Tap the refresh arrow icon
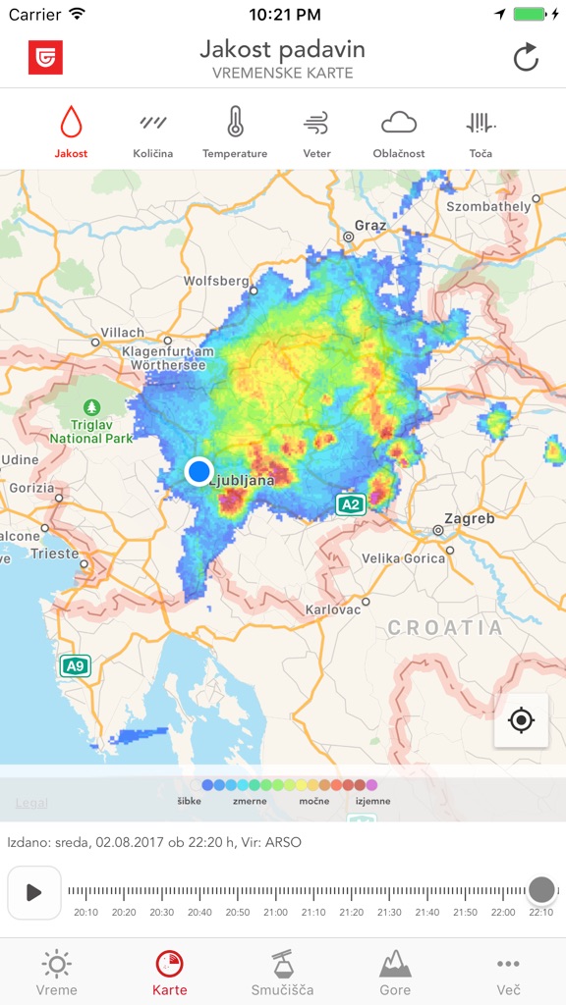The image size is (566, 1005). coord(526,58)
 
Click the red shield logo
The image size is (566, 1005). coord(45,58)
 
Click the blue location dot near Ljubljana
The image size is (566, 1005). coord(199,471)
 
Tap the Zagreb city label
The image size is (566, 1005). coord(470,518)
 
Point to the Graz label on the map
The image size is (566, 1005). coord(370,226)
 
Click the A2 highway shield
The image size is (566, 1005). coord(351,504)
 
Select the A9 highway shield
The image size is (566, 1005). coord(75,666)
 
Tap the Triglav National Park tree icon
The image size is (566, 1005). coord(91,406)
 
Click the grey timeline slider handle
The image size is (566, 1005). coord(541,890)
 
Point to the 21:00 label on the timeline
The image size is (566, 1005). coord(275,913)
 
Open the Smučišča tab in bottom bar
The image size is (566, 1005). coord(283,972)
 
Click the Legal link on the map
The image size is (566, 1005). coord(31,803)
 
